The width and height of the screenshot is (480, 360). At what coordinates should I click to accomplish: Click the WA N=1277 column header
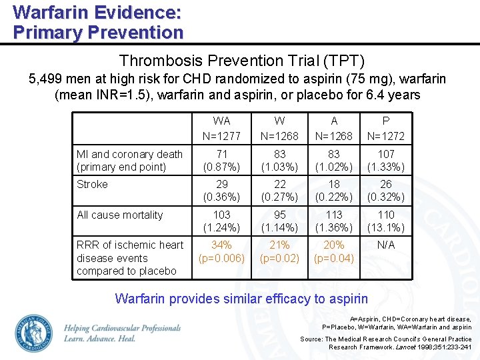[222, 129]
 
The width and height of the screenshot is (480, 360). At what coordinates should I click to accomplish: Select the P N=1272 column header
[386, 129]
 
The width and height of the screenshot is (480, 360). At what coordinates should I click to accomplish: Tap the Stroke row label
[92, 185]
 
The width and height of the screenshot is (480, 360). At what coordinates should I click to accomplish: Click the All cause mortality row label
[120, 215]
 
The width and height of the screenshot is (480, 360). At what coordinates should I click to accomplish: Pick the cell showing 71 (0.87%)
[222, 161]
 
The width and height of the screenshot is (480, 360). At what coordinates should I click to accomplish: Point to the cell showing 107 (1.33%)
[386, 161]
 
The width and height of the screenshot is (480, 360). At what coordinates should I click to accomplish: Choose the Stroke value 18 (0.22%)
[334, 191]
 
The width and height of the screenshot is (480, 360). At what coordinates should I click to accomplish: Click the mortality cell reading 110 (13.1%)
[386, 221]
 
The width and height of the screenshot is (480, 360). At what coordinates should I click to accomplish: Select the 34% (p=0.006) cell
[222, 251]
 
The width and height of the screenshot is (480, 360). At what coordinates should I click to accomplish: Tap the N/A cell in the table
[386, 245]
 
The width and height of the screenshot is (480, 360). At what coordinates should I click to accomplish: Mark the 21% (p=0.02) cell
[279, 251]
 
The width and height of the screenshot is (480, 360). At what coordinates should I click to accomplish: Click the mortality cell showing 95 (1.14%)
[279, 221]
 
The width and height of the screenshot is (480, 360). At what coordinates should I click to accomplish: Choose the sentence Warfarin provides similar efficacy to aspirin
[241, 299]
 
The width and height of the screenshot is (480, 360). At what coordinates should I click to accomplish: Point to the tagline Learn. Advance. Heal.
[100, 339]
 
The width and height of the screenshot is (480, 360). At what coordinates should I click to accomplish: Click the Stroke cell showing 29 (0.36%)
[222, 191]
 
